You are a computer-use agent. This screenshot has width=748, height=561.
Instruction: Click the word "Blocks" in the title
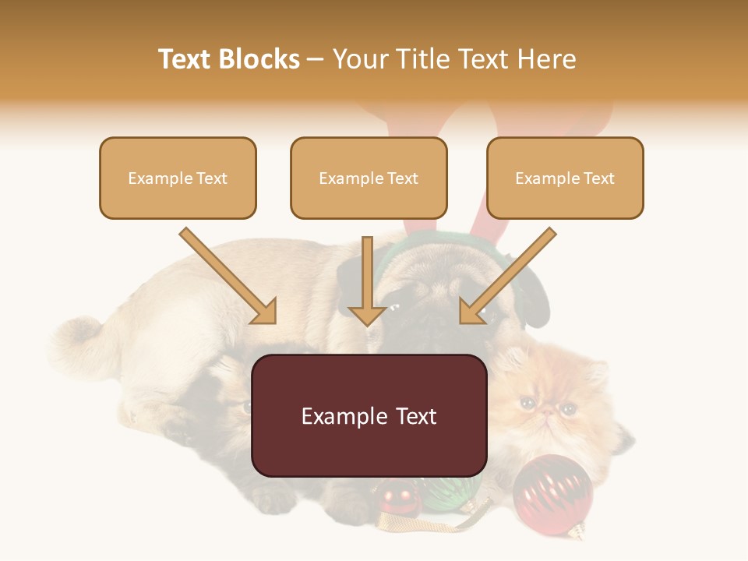259,59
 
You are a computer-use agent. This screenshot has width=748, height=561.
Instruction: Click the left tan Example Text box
178,178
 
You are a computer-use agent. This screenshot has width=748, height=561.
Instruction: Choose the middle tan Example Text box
369,178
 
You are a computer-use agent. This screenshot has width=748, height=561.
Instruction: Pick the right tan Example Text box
565,178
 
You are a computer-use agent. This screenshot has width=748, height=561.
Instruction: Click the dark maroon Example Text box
369,415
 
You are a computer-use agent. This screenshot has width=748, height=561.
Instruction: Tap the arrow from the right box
506,277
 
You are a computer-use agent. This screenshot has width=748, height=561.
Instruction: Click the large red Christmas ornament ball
552,493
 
